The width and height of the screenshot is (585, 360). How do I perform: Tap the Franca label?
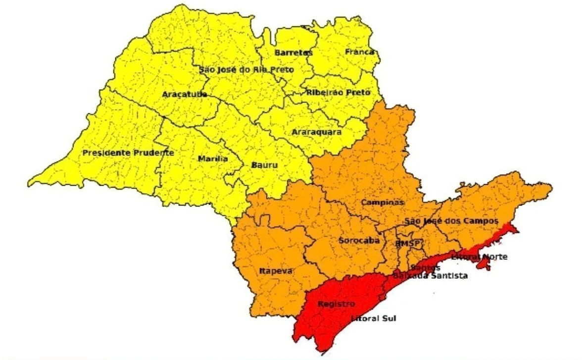(x=359, y=51)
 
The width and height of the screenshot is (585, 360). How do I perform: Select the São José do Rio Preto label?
(x=246, y=70)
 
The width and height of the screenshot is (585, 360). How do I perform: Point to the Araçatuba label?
(x=184, y=94)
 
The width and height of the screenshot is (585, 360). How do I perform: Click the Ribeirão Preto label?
(x=338, y=93)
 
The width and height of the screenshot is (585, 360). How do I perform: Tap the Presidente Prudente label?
(x=128, y=153)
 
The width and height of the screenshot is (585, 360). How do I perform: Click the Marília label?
(x=213, y=159)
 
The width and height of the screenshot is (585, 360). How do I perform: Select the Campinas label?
(x=382, y=202)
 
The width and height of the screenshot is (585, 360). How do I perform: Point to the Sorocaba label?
(x=359, y=240)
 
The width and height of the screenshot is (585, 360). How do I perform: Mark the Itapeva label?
(x=276, y=271)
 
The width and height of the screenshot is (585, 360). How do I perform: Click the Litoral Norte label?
(x=479, y=257)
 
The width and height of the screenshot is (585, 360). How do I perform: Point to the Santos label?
(x=425, y=268)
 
